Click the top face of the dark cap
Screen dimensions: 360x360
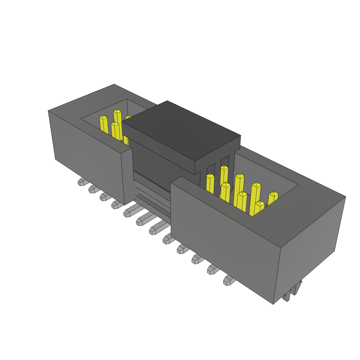(181, 130)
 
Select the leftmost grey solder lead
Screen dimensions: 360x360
(82, 182)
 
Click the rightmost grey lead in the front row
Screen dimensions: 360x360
(229, 280)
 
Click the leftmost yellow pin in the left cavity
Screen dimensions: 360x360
(104, 125)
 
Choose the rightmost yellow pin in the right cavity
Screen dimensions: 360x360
(273, 198)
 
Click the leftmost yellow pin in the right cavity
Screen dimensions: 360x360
(210, 183)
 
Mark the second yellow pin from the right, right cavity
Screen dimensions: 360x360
(259, 207)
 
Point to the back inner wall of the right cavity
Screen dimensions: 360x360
(267, 169)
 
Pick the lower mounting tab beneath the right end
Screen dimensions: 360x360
(286, 297)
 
